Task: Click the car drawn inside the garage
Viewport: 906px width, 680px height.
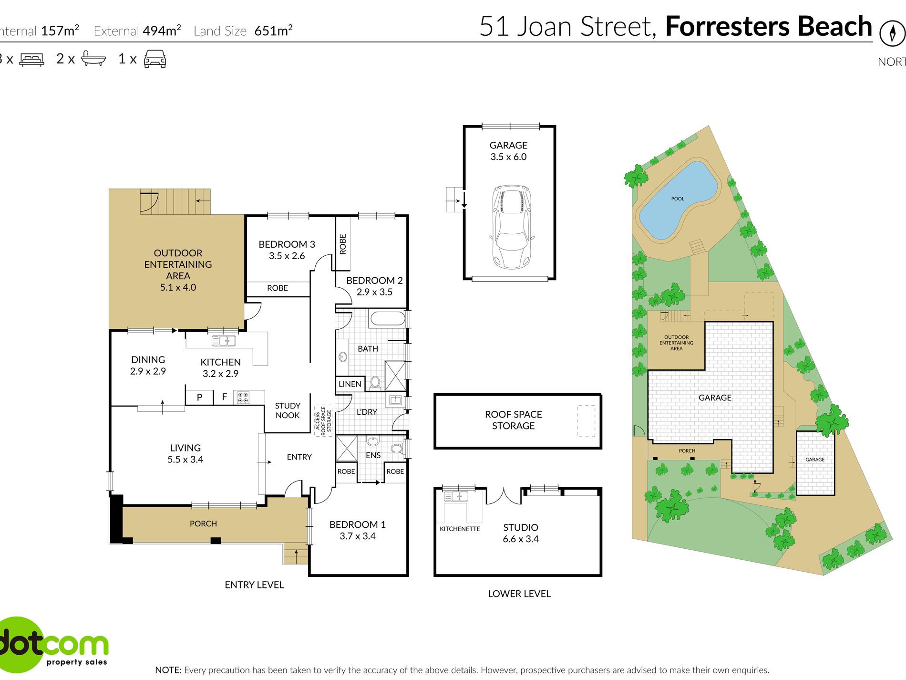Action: point(511,227)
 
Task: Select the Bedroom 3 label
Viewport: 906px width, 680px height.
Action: point(287,244)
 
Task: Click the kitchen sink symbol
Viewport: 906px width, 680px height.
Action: point(224,341)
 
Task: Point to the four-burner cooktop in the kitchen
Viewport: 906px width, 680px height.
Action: point(243,397)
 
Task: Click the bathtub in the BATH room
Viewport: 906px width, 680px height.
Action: point(387,318)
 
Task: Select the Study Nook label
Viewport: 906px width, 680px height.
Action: point(288,410)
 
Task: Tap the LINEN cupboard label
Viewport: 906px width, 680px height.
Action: point(350,384)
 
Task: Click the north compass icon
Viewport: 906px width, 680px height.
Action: point(892,33)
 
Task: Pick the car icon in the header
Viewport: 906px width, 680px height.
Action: point(155,59)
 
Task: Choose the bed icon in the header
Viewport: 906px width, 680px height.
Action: point(32,60)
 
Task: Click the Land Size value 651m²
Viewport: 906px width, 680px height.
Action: point(273,31)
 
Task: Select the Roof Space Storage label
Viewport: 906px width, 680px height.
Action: point(514,420)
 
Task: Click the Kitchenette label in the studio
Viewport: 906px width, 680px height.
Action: point(460,529)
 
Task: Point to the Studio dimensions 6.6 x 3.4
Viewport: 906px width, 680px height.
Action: point(521,539)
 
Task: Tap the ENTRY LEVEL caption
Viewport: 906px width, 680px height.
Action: point(254,585)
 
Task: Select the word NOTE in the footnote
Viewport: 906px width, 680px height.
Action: point(168,670)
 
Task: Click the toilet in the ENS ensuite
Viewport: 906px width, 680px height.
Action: point(397,448)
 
